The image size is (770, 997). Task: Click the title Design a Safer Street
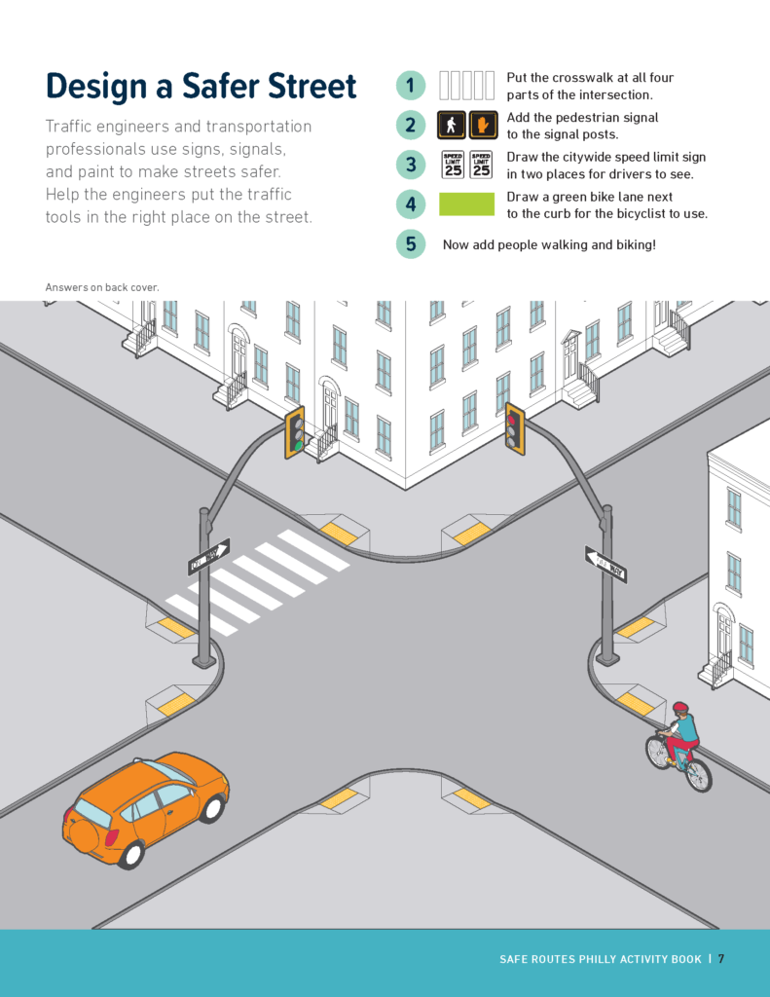tap(201, 86)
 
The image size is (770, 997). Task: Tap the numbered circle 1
tap(411, 86)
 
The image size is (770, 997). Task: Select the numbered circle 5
tap(411, 243)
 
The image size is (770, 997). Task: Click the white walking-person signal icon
tap(451, 126)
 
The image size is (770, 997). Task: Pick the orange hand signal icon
tap(483, 126)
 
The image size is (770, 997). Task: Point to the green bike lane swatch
tap(466, 204)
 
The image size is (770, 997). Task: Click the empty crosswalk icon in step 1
tap(466, 86)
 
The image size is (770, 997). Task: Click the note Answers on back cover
tap(102, 287)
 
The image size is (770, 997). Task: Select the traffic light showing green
tap(294, 433)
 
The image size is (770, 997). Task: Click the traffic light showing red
tap(514, 429)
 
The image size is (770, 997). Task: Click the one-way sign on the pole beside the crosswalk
tap(208, 557)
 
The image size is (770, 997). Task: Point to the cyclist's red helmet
tap(680, 708)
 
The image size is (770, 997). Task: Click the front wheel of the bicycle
tap(698, 774)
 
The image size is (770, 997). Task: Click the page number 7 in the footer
tap(720, 959)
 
